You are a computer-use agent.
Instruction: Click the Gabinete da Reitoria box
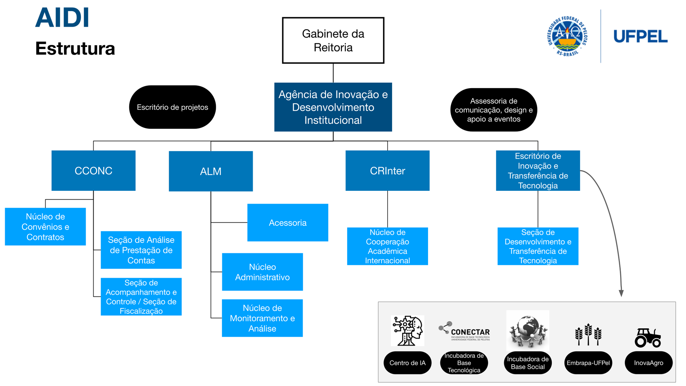click(x=333, y=40)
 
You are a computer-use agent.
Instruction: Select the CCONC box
click(x=93, y=171)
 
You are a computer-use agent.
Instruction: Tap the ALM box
click(x=211, y=171)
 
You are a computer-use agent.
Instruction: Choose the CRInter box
click(x=387, y=171)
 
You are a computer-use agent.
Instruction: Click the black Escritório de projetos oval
click(x=172, y=107)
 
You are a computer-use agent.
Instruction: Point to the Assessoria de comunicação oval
click(x=494, y=110)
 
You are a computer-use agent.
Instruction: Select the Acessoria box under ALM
click(x=287, y=223)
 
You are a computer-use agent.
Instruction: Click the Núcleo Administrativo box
click(x=262, y=272)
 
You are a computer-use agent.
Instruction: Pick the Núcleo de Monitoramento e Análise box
click(x=262, y=318)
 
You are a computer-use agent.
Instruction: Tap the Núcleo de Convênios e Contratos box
click(x=45, y=226)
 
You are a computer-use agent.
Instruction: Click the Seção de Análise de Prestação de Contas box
click(x=141, y=250)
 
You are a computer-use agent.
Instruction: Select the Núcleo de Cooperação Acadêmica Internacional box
click(x=387, y=246)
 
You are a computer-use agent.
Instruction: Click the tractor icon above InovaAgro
click(x=648, y=338)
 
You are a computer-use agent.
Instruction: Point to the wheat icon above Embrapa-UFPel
click(x=588, y=334)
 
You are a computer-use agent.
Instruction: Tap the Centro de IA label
click(x=407, y=363)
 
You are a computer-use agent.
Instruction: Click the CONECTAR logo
click(x=464, y=331)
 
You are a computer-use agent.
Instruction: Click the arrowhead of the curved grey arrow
click(x=621, y=293)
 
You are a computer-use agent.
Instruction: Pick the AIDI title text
click(x=62, y=18)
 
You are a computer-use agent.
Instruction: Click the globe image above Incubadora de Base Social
click(x=528, y=330)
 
